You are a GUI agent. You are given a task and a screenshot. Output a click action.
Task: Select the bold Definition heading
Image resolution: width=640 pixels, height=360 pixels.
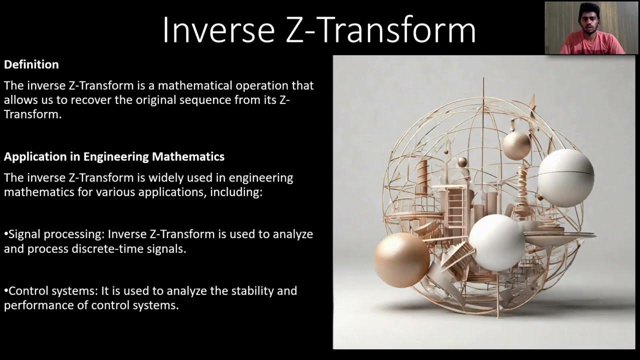[x=31, y=64]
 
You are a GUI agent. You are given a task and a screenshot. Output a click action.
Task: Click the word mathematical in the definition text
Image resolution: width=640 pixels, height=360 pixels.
[x=166, y=85]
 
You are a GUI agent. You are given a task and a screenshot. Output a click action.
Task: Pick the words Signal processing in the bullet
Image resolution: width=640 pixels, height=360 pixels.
[x=56, y=234]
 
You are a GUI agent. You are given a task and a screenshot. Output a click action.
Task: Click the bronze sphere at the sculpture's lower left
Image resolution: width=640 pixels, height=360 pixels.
[x=401, y=259]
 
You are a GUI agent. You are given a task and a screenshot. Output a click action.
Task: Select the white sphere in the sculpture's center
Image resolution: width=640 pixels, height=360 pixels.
[x=496, y=242]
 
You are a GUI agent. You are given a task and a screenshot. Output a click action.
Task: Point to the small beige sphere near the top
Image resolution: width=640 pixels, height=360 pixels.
[x=516, y=145]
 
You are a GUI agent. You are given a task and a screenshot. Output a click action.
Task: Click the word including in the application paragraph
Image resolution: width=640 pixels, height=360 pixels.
[x=235, y=192]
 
